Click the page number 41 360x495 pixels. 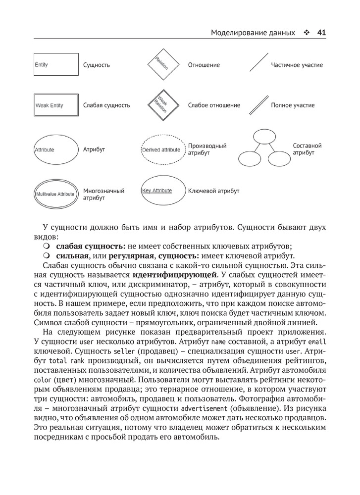(x=321, y=33)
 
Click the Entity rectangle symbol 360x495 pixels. (x=56, y=65)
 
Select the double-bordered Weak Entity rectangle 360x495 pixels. (x=56, y=105)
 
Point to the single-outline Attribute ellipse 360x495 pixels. (x=56, y=149)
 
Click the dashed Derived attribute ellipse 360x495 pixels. (x=161, y=149)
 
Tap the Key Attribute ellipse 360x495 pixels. (x=161, y=191)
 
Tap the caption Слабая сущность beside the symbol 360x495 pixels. (x=106, y=105)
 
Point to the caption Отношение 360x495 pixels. (x=204, y=65)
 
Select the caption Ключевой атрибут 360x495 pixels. (x=213, y=191)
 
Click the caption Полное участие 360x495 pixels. (x=293, y=105)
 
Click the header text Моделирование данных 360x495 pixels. (x=253, y=33)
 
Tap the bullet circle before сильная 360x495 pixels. (x=47, y=255)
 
